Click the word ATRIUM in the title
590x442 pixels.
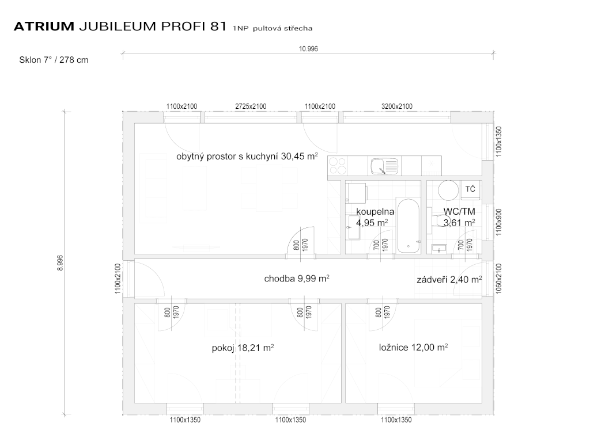point(44,26)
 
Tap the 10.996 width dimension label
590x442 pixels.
point(308,49)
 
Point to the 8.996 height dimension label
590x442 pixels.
point(60,263)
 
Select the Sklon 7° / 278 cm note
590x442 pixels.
point(54,60)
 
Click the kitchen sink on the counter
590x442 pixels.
point(384,166)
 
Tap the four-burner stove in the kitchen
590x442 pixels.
point(337,166)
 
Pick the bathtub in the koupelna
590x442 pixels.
point(409,226)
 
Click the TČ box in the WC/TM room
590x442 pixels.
point(470,190)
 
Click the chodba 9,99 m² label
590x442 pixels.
point(297,279)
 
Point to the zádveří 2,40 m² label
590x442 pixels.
point(449,280)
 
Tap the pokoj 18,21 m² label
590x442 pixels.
point(243,348)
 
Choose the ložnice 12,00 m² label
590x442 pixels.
point(413,347)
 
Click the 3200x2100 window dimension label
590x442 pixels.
point(397,106)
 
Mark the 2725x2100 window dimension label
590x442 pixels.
point(251,106)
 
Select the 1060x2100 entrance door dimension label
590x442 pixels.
point(499,279)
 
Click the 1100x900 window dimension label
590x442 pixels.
point(499,222)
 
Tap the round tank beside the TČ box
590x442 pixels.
point(448,190)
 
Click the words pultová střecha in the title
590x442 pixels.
point(282,28)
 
